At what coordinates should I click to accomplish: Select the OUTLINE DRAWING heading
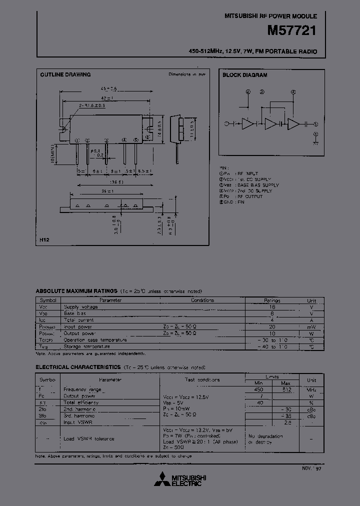[x=65, y=75]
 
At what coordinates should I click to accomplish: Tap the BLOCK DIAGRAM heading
[x=245, y=75]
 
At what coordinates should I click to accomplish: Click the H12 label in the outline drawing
[x=45, y=240]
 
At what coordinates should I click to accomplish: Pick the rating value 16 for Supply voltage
[x=272, y=307]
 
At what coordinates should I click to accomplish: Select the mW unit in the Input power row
[x=311, y=326]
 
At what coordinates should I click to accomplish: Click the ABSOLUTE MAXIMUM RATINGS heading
[x=76, y=291]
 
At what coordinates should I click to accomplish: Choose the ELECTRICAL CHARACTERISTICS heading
[x=78, y=367]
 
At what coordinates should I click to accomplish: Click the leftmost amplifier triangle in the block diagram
[x=248, y=124]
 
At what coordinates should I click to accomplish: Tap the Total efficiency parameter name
[x=81, y=402]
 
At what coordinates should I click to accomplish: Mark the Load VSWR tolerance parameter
[x=89, y=438]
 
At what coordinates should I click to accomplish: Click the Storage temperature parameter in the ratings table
[x=86, y=346]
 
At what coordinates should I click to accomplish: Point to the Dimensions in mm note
[x=187, y=74]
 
